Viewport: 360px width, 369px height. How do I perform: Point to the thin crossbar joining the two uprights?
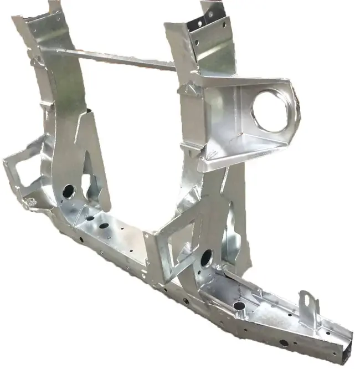coord(111,57)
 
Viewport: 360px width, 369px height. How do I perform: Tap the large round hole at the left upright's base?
coord(68,191)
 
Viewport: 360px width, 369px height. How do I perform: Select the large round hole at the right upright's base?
coord(206,257)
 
